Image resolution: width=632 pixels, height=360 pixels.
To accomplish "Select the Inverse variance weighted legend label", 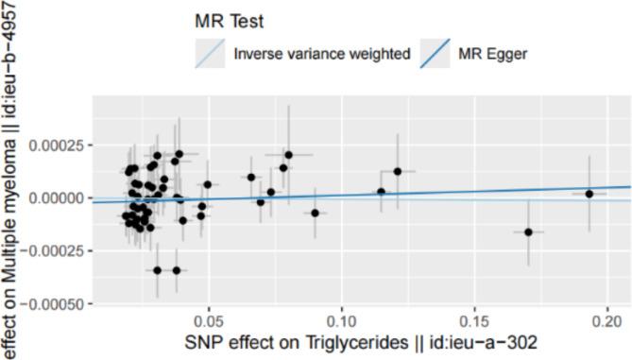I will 322,54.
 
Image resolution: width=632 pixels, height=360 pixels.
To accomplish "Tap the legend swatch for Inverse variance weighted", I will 211,54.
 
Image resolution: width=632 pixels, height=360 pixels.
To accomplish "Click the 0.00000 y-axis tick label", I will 58,197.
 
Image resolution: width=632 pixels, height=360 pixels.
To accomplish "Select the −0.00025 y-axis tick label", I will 54,250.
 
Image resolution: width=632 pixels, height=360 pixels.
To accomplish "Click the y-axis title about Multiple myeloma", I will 12,180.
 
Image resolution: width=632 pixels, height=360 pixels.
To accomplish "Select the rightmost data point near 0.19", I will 589,194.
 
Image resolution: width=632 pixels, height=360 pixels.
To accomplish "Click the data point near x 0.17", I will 528,231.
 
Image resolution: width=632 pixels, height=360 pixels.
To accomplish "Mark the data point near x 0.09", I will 315,213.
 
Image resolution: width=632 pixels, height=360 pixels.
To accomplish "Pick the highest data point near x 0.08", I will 288,154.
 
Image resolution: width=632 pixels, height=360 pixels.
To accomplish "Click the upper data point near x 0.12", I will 398,171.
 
